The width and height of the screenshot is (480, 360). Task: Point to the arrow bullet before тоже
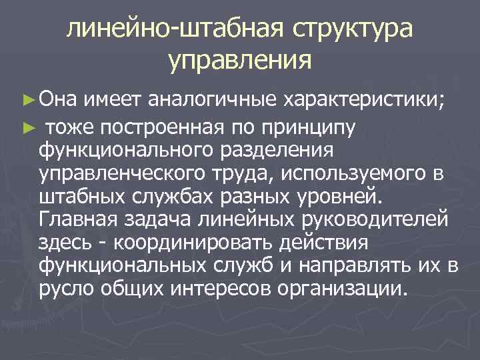pyautogui.click(x=26, y=125)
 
